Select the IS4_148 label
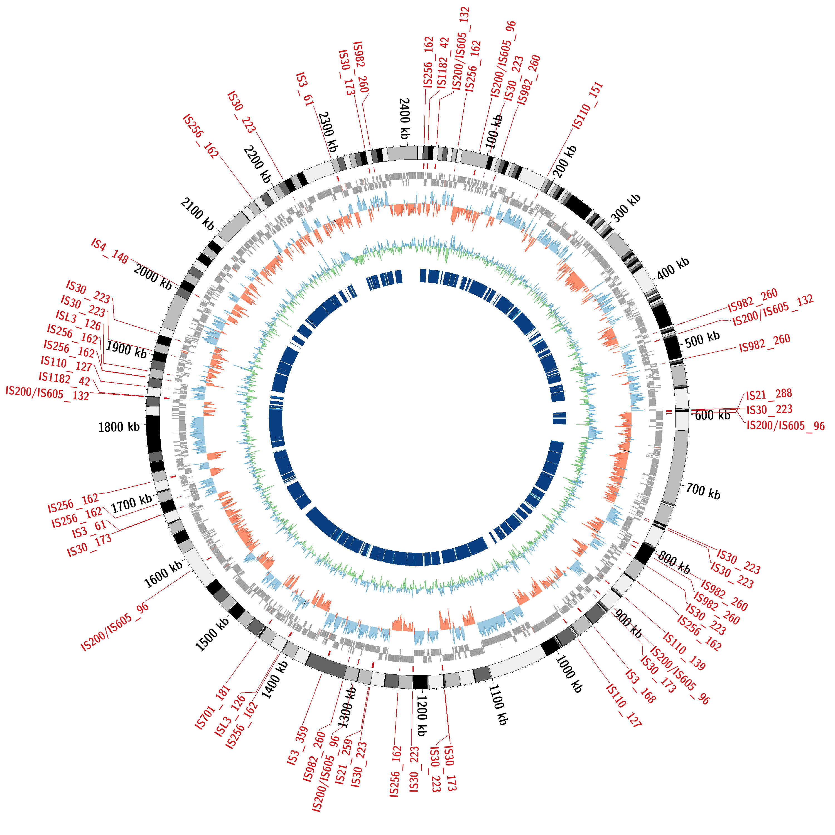point(110,251)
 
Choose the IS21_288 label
point(769,394)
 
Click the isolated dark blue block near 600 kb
point(559,418)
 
